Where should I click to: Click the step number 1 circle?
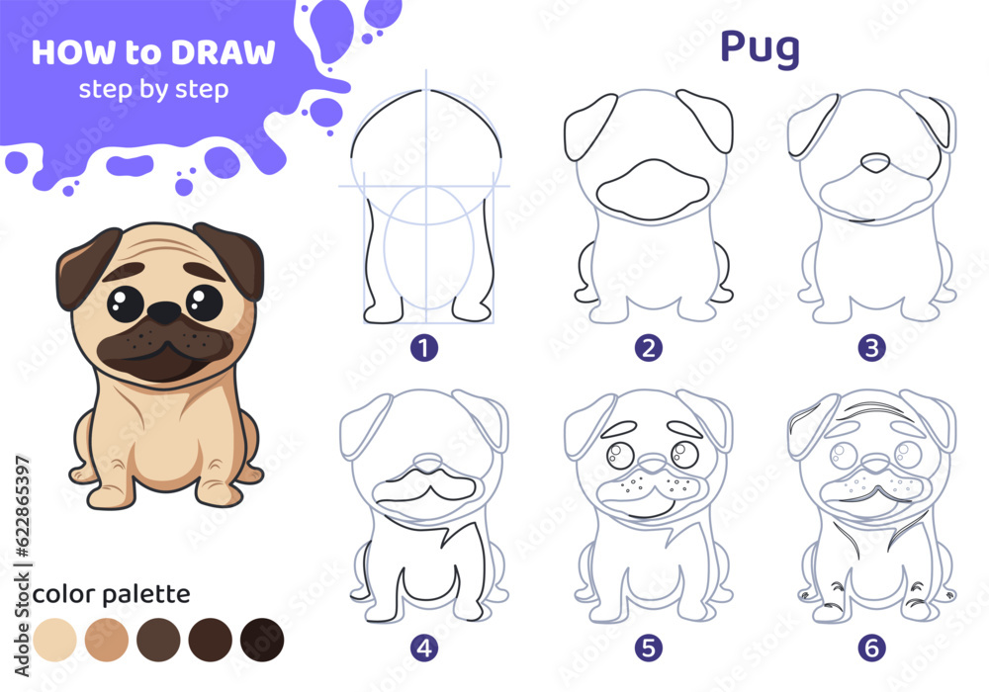point(424,347)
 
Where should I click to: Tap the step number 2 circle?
point(649,347)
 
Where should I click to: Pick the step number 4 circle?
point(424,648)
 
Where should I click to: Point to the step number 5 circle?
point(649,648)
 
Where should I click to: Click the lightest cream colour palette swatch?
point(54,640)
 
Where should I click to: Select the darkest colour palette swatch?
point(262,640)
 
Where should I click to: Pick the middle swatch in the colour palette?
point(158,640)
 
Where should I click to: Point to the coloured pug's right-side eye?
point(205,301)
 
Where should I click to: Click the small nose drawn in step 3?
point(875,163)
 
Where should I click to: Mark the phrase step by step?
point(153,89)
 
